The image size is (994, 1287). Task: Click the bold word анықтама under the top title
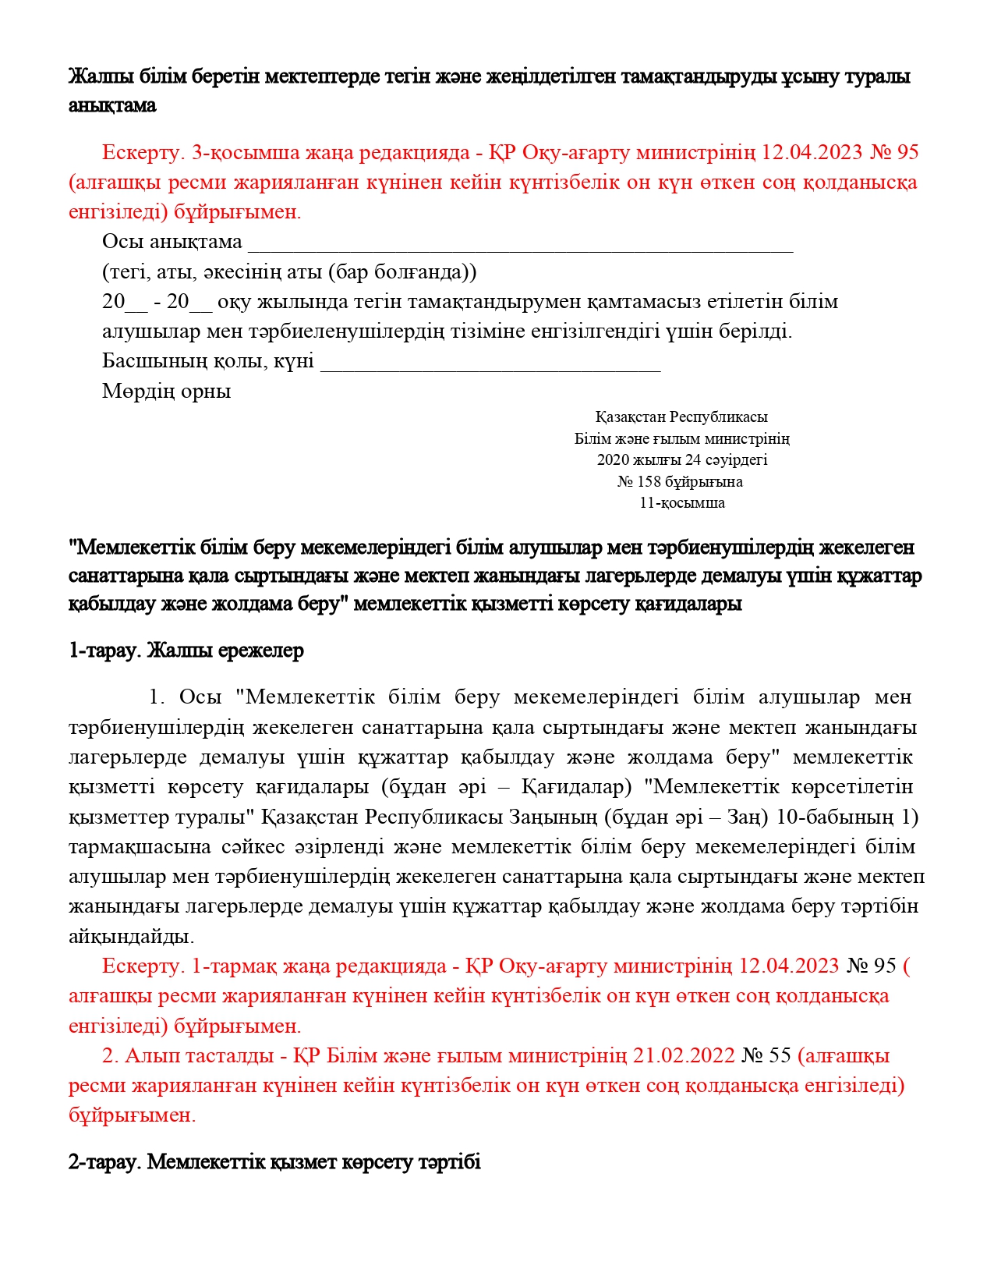point(112,105)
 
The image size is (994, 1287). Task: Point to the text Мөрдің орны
point(166,391)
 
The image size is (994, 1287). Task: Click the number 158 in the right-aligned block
point(649,482)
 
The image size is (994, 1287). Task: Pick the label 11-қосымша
point(682,503)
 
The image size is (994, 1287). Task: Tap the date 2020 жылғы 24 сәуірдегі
point(682,460)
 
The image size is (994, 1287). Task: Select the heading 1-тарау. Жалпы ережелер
point(186,651)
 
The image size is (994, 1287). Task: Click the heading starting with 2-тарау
point(274,1162)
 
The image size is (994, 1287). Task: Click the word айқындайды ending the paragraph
point(132,936)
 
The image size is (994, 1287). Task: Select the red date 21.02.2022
point(684,1056)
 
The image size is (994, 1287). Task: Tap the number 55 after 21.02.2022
point(780,1056)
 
